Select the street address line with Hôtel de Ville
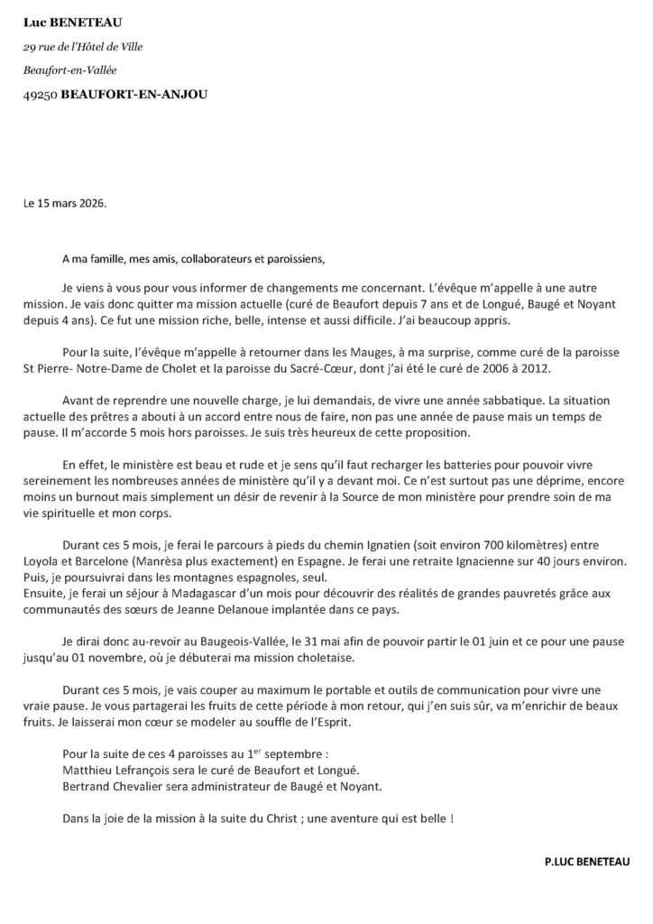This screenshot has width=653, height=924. point(83,47)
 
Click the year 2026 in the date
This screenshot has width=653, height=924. point(89,203)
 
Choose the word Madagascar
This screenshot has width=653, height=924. point(166,594)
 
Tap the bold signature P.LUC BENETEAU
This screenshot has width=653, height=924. point(587,862)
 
